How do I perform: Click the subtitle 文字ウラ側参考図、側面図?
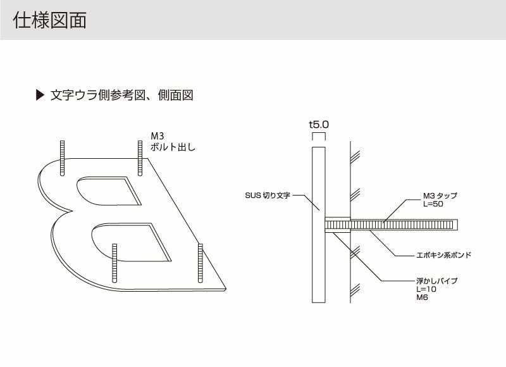click(121, 96)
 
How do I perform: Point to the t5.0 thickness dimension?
click(319, 125)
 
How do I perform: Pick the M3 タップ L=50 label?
click(440, 201)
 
